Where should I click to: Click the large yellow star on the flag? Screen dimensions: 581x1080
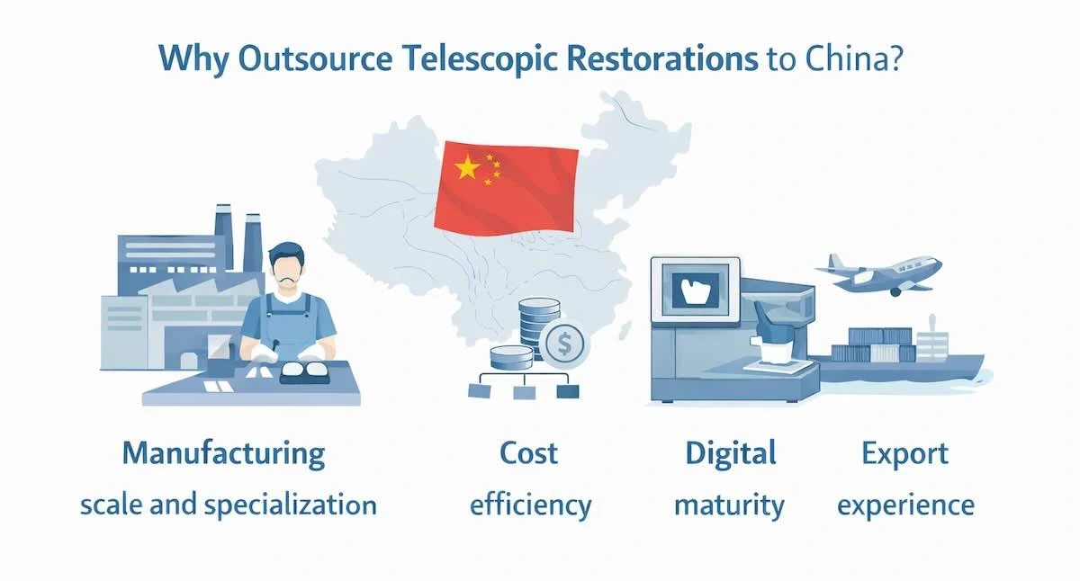(467, 166)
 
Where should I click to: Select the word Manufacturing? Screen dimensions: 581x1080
(223, 452)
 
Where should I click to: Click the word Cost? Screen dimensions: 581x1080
(529, 452)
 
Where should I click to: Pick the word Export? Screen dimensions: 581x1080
(904, 452)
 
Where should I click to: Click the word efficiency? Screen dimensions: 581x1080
(530, 505)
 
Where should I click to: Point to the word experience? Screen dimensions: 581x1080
(905, 505)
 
